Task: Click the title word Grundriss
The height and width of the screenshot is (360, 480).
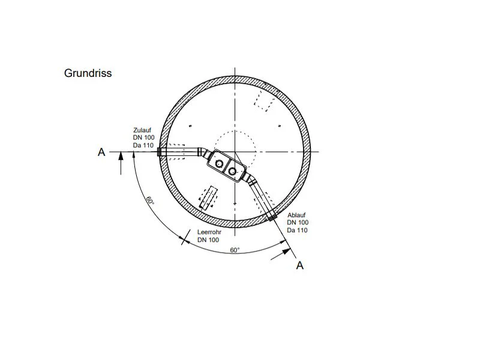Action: (x=88, y=73)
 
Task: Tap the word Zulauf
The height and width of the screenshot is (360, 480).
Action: (x=142, y=130)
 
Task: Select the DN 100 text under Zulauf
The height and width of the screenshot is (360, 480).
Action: (x=143, y=138)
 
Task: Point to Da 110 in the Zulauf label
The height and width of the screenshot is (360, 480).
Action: (x=143, y=145)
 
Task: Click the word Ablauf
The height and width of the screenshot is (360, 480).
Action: (x=296, y=215)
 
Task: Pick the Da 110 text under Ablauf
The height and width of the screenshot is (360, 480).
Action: (x=297, y=230)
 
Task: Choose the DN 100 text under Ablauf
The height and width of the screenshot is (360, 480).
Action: (x=298, y=223)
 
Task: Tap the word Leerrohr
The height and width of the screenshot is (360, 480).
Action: (x=209, y=232)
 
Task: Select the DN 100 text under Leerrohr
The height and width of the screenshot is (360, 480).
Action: (x=208, y=240)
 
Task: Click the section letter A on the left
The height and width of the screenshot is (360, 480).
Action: (x=101, y=152)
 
